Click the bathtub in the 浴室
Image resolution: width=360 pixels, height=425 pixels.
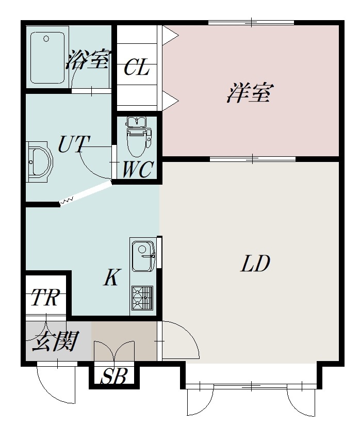pyautogui.click(x=47, y=58)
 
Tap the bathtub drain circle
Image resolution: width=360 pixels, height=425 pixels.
pyautogui.click(x=46, y=39)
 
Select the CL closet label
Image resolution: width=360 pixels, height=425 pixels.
pyautogui.click(x=137, y=68)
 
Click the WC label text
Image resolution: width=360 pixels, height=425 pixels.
pyautogui.click(x=138, y=169)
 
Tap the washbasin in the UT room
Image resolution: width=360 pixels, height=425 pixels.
pyautogui.click(x=40, y=162)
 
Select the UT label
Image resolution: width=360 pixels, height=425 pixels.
pyautogui.click(x=73, y=144)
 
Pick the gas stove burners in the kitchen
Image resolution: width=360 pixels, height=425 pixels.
pyautogui.click(x=142, y=298)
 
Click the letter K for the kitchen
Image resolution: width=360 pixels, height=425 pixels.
pyautogui.click(x=111, y=277)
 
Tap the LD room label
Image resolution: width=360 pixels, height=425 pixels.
pyautogui.click(x=255, y=263)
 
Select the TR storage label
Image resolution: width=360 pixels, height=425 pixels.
pyautogui.click(x=45, y=297)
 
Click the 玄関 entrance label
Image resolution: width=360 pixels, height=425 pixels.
pyautogui.click(x=56, y=341)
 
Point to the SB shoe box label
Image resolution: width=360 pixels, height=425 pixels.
pyautogui.click(x=113, y=376)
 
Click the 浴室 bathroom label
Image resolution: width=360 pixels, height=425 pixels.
pyautogui.click(x=88, y=60)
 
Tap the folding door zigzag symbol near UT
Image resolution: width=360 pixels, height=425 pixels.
pyautogui.click(x=66, y=201)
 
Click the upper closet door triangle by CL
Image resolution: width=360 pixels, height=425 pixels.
pyautogui.click(x=170, y=35)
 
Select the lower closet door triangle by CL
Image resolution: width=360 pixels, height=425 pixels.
pyautogui.click(x=170, y=101)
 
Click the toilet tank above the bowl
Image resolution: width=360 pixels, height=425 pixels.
pyautogui.click(x=137, y=121)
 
